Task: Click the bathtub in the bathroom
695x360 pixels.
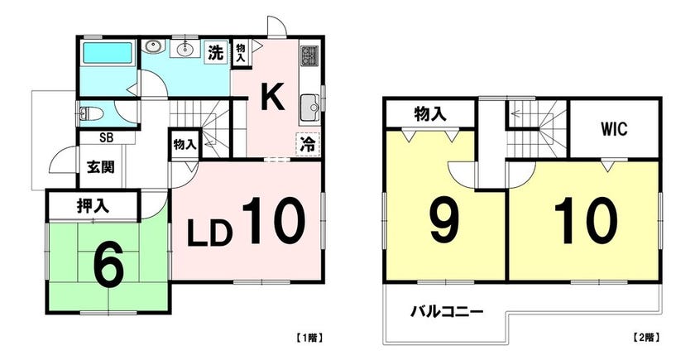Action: [108, 53]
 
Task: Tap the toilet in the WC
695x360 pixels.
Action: [92, 114]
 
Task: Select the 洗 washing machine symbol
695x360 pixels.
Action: [216, 53]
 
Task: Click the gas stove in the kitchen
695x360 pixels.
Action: [307, 56]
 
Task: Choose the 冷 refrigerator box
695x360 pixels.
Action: [307, 144]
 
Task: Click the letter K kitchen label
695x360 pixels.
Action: [271, 98]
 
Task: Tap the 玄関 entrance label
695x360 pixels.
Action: [101, 167]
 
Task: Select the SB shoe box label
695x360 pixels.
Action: [106, 137]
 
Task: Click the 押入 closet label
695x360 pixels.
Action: [93, 206]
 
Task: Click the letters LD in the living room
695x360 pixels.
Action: [209, 233]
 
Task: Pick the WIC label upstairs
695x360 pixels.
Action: [614, 129]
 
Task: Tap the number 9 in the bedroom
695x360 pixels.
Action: [445, 220]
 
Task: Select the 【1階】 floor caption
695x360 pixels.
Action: [309, 338]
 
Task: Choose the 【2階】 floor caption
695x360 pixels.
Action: [645, 338]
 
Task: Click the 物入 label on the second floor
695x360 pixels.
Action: [430, 115]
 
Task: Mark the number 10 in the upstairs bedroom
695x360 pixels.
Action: [586, 221]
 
